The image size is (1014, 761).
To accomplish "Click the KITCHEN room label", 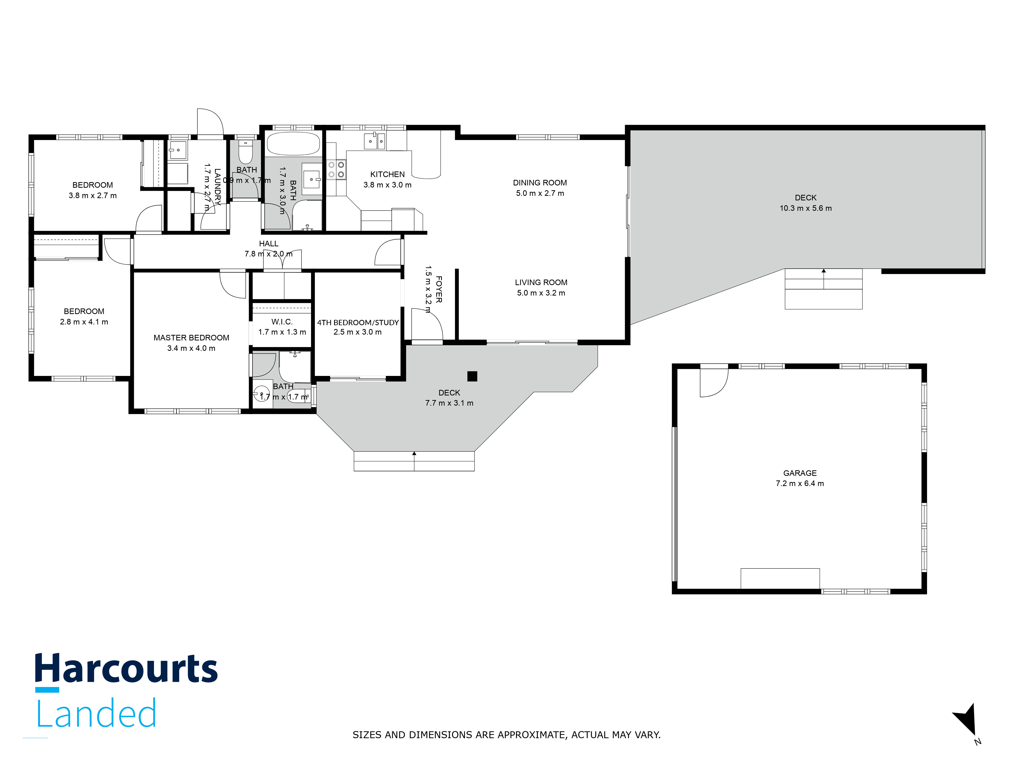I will coord(387,174).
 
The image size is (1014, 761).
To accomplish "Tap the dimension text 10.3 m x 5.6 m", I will coord(805,208).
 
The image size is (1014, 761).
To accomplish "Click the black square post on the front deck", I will coord(472,376).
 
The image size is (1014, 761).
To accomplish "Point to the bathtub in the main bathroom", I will coord(293,144).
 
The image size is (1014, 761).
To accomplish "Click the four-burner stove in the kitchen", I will coord(336,169).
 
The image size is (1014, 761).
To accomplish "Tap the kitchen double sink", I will coord(374,141).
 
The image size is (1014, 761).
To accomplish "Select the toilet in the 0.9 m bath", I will coord(245,152).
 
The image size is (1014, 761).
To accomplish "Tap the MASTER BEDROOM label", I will coord(191,338).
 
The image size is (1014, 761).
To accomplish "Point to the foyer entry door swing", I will coord(426,325).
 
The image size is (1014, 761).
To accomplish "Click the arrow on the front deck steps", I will coord(414,454).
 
